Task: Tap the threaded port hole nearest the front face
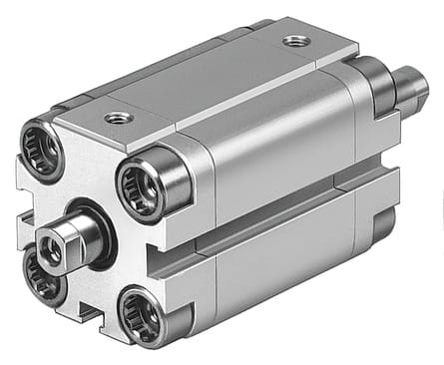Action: (x=119, y=117)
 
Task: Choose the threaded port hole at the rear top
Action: (x=293, y=42)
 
